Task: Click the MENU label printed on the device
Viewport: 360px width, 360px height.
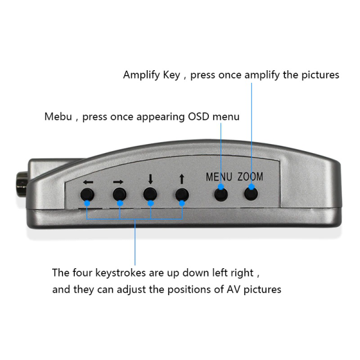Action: tap(218, 177)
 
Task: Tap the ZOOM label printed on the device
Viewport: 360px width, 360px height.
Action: tap(250, 177)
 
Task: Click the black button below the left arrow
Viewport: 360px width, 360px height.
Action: tap(88, 194)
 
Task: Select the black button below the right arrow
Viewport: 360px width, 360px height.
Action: tap(120, 194)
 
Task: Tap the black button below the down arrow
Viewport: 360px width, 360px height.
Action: tap(150, 194)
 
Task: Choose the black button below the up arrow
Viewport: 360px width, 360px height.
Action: tap(181, 194)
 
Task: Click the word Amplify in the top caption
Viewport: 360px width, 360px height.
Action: tap(142, 76)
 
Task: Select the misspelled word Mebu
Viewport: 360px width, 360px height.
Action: tap(58, 116)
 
